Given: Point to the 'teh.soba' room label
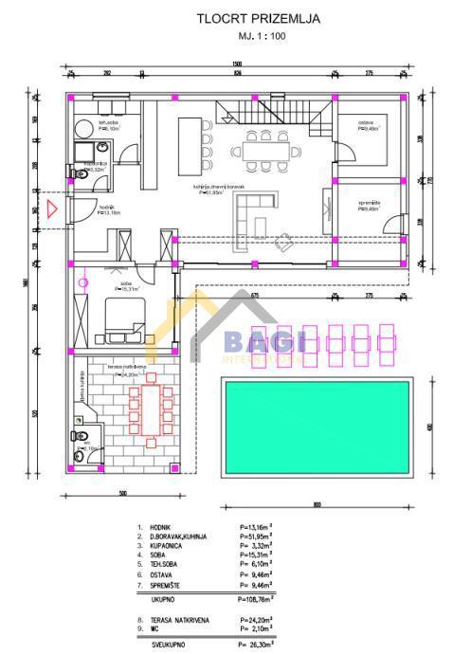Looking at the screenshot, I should pos(109,122).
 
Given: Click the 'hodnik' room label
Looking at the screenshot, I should pos(106,208).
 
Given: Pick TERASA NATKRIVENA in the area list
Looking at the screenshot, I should pos(184,617).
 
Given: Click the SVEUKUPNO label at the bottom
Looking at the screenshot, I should pos(166,645).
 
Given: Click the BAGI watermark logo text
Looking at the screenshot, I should pos(250,342).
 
